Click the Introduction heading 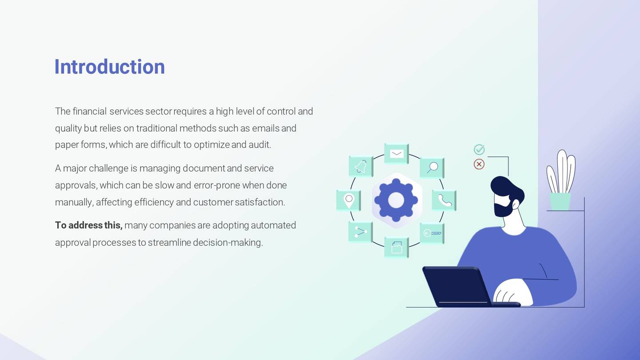pos(109,67)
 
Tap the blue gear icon pos(396,200)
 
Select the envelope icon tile pos(396,154)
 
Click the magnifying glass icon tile pos(432,168)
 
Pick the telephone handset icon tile pos(444,200)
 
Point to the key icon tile pos(432,233)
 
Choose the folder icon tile pos(396,247)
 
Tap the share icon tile pos(360,232)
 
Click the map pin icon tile pos(349,200)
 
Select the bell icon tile pos(360,167)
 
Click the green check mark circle pos(479,149)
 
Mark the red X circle pos(479,164)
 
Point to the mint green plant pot pos(560,201)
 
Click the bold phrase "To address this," pos(88,225)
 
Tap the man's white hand pos(513,292)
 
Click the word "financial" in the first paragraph pos(89,111)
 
